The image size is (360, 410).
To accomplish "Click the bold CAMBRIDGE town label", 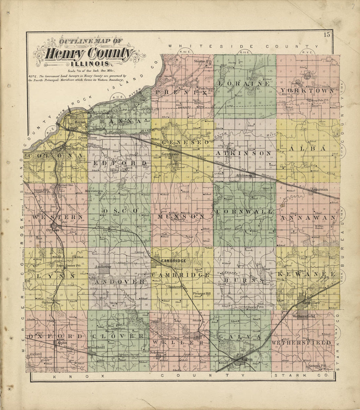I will pos(173,260).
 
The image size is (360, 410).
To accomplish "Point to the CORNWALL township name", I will pos(244,212).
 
